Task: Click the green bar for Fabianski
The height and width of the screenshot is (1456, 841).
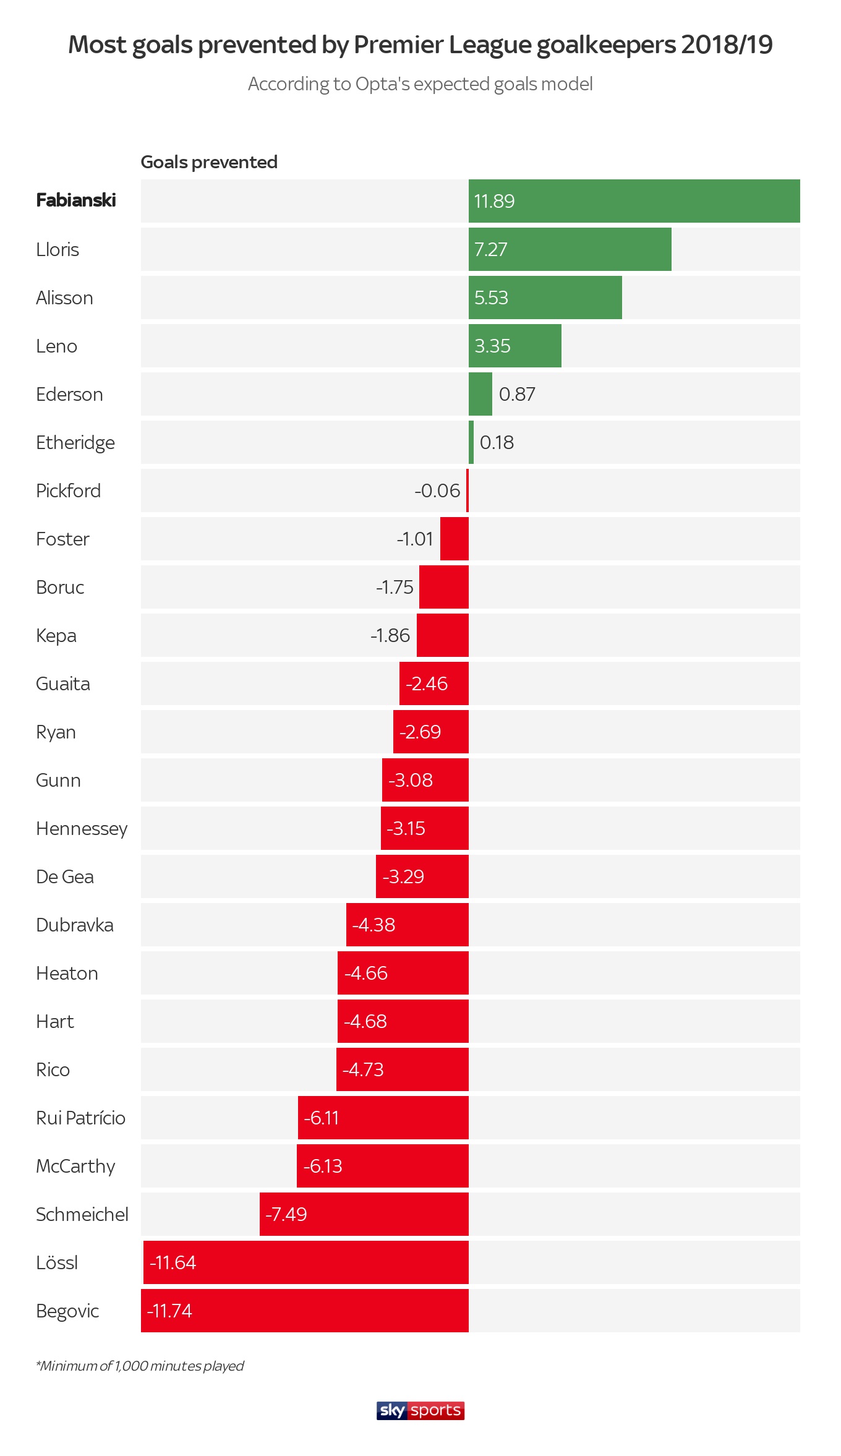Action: [634, 201]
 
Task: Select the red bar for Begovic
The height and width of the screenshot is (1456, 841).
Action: [305, 1311]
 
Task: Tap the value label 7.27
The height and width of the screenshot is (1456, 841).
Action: [490, 249]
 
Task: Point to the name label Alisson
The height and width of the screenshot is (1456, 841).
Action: [64, 298]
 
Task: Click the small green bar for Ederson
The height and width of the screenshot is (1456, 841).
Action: [480, 394]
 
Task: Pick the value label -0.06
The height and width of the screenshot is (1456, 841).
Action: [437, 490]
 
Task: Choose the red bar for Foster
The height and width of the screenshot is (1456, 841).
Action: [455, 539]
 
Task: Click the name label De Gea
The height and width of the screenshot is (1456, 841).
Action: [65, 876]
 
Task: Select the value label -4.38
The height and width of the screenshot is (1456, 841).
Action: [374, 925]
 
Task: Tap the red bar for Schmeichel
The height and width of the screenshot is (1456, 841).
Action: [364, 1214]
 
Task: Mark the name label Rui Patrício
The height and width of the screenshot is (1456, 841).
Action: [80, 1118]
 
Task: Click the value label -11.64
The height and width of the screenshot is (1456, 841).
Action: [173, 1262]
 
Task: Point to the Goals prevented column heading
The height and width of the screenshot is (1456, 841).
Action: [209, 162]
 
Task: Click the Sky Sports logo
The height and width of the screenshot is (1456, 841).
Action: [420, 1410]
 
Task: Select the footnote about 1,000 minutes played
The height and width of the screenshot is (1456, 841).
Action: [140, 1366]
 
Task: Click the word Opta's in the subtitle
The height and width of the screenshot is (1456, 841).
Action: [383, 84]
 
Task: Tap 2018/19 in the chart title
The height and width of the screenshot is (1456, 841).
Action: [727, 45]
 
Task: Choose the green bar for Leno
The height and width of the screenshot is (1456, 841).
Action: [515, 346]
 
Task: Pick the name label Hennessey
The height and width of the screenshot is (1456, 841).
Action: [82, 828]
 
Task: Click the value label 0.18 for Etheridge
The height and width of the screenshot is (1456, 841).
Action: [497, 442]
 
